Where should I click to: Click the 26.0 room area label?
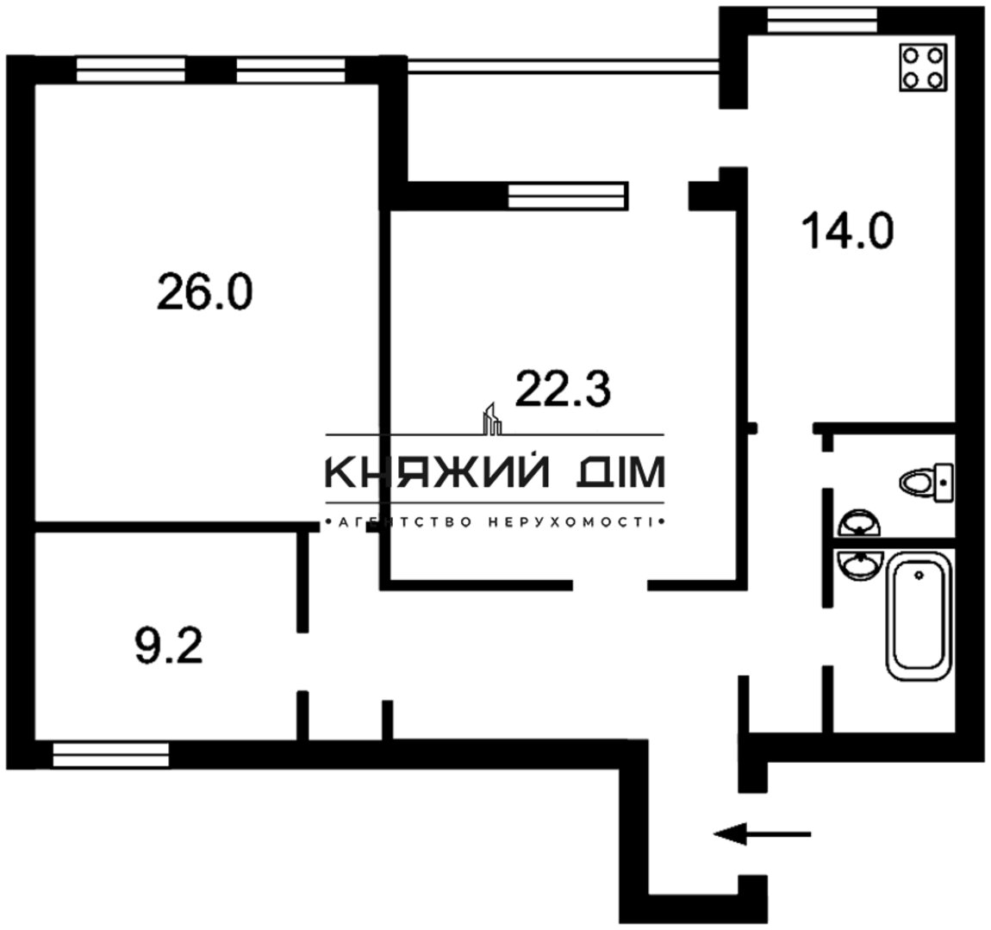[205, 291]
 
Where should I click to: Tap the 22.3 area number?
[563, 389]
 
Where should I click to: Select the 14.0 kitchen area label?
[848, 231]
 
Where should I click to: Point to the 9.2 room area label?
[169, 647]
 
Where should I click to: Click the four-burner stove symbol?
[923, 67]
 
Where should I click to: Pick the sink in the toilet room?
[859, 523]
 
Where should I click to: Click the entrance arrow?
[763, 834]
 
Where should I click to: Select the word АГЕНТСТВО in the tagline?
[405, 522]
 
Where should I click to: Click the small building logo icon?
[492, 419]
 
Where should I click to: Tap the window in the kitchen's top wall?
[822, 20]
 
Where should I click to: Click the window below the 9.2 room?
[111, 755]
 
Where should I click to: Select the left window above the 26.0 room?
[131, 70]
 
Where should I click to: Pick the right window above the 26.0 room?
[290, 70]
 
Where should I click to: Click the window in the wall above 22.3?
[568, 196]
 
